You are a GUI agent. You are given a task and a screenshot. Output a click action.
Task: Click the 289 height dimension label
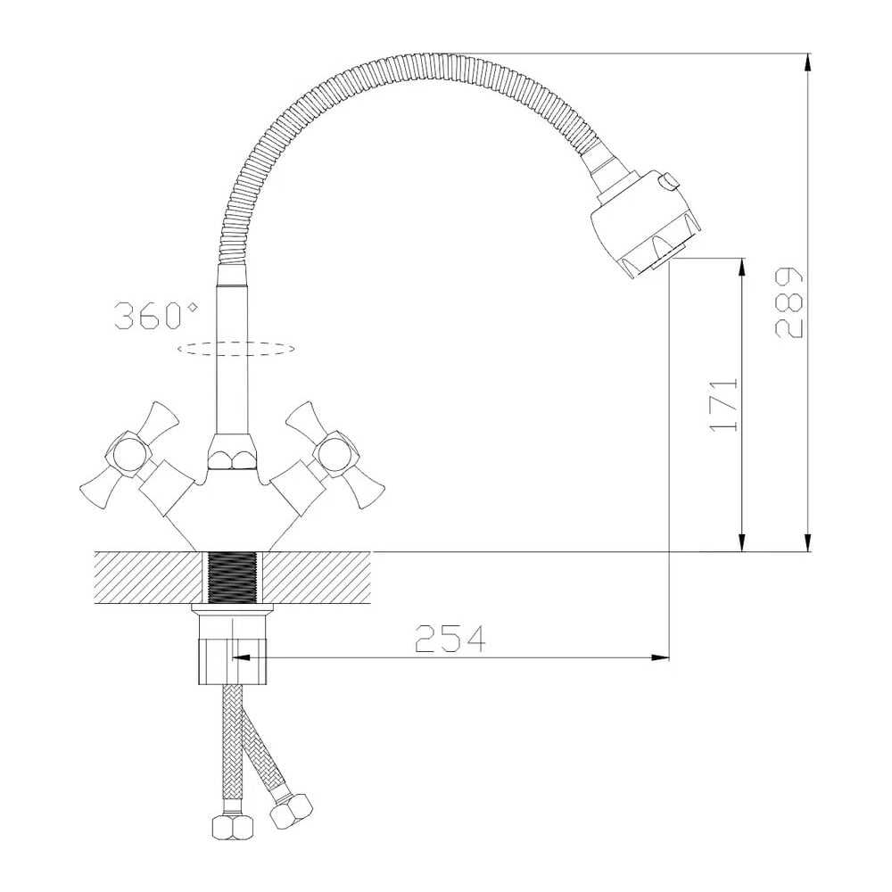[x=789, y=302]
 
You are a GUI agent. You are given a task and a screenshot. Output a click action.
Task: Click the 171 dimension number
[x=723, y=404]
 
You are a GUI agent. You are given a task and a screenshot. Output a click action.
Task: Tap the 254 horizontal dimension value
[x=450, y=639]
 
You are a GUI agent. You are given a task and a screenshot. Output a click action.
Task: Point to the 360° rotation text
[x=156, y=316]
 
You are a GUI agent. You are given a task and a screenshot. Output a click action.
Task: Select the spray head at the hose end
[x=645, y=224]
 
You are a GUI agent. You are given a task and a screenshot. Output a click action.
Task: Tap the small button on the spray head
[x=667, y=181]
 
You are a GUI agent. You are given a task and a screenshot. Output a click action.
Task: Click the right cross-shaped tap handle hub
[x=337, y=454]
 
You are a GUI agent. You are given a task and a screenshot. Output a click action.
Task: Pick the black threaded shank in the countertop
[x=232, y=577]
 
